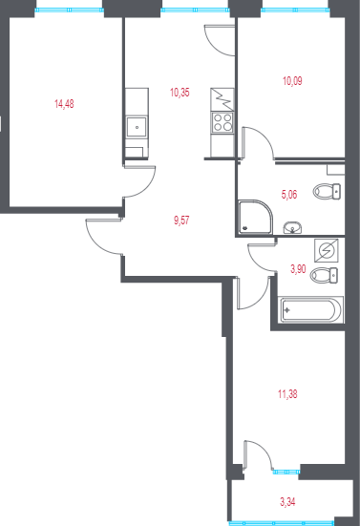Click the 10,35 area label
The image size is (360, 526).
179,93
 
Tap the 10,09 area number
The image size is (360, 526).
293,81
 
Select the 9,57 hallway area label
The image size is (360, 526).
180,220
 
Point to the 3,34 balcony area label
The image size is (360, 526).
286,500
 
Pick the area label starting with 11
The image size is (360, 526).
286,391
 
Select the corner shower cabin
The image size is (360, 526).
253,217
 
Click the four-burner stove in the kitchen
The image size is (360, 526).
222,122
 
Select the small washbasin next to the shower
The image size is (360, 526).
292,227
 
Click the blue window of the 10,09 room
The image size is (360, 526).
294,10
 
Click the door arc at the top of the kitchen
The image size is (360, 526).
217,40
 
